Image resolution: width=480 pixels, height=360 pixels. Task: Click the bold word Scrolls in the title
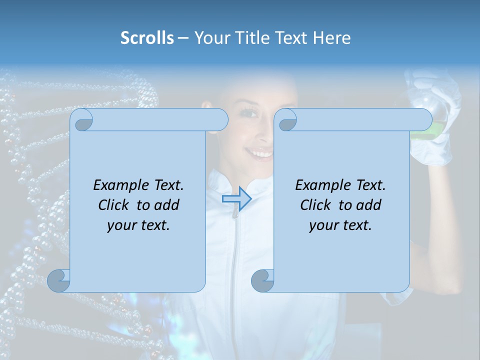pyautogui.click(x=147, y=38)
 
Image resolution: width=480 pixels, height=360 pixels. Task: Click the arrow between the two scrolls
pyautogui.click(x=236, y=199)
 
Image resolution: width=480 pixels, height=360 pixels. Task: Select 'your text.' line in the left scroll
pyautogui.click(x=138, y=225)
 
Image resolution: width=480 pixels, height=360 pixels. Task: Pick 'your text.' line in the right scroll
pyautogui.click(x=340, y=225)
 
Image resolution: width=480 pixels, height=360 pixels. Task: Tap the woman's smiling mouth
pyautogui.click(x=261, y=152)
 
